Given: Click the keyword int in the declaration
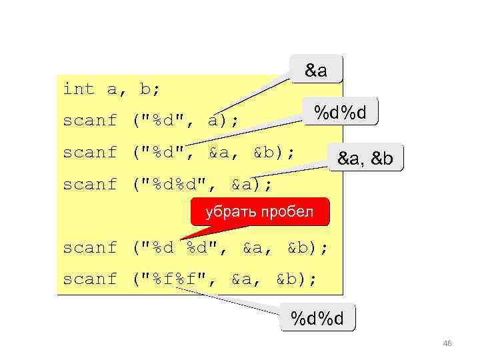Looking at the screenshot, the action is [79, 89].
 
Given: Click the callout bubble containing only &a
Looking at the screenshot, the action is [316, 69].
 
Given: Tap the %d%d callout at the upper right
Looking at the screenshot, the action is [340, 113].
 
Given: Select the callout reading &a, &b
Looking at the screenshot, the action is [365, 159].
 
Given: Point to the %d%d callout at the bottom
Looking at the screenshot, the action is [317, 319].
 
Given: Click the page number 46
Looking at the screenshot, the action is [447, 344].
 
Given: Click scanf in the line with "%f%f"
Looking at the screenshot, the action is [90, 279].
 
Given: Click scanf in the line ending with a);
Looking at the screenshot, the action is [90, 121].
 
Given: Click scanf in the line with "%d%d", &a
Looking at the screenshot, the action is [90, 184].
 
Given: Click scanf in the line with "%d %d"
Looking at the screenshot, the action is [90, 247].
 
